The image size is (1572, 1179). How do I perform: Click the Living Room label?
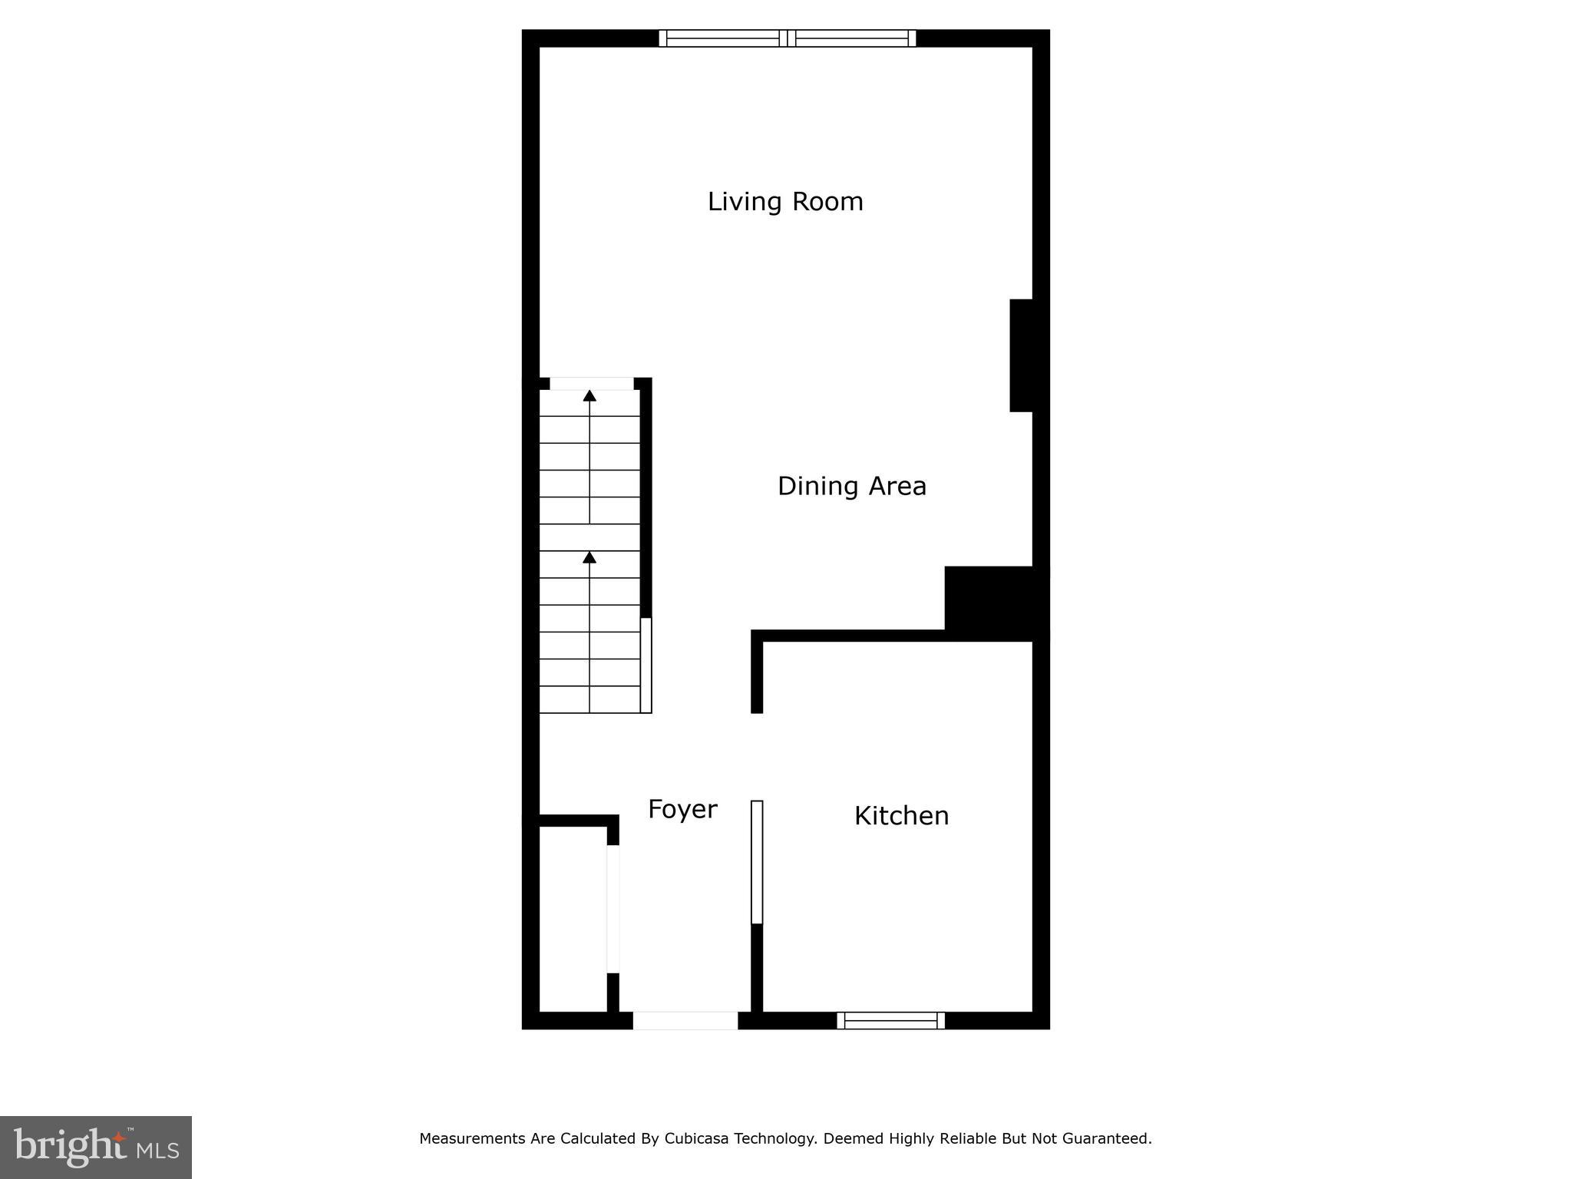pos(785,202)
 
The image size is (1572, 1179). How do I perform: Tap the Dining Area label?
pos(852,486)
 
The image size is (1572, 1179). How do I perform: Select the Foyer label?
pos(682,809)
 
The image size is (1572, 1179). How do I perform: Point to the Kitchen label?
pos(901,815)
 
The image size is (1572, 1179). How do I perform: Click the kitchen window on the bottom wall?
pos(890,1020)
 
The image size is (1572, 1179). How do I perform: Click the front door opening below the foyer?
pos(685,1020)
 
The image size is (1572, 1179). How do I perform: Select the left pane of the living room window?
pos(722,38)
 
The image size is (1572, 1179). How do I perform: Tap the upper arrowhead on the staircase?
pos(589,396)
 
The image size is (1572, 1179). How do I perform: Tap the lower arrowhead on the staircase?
pos(589,557)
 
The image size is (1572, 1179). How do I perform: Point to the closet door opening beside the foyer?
pos(613,909)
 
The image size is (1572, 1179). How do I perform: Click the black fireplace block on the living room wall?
pos(1022,355)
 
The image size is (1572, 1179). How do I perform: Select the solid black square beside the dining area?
pos(990,599)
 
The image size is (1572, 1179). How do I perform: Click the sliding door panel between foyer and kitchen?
pos(757,861)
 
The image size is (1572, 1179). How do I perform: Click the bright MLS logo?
pos(96,1147)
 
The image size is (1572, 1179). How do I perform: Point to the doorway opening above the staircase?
pos(592,384)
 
